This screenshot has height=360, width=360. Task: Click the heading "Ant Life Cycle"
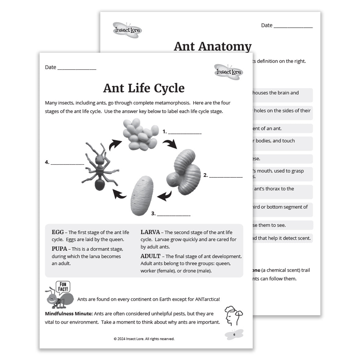pos(144,88)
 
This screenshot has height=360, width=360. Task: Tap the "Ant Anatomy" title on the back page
pos(212,46)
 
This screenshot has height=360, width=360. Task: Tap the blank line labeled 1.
pos(185,132)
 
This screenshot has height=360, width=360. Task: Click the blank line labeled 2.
pos(226,176)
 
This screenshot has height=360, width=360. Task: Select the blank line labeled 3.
pos(174,214)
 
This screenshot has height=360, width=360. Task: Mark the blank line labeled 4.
pos(67,163)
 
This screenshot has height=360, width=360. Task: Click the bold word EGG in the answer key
pos(58,232)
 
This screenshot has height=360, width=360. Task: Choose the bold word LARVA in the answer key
pos(150,232)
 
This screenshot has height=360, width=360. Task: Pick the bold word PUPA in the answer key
pos(59,249)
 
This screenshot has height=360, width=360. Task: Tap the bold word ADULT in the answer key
pos(150,256)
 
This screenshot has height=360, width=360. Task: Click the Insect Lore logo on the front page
pos(229,71)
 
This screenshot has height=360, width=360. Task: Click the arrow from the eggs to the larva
pos(170,144)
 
